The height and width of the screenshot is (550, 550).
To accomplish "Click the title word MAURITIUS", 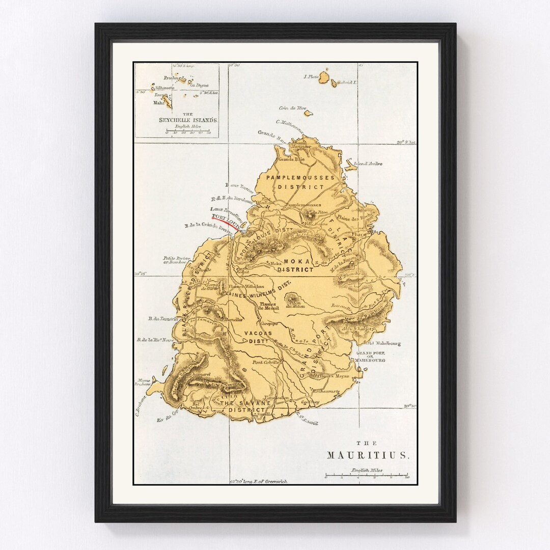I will (367, 455).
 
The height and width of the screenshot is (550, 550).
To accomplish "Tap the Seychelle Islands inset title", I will (188, 120).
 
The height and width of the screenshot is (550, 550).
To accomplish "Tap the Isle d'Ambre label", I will (371, 164).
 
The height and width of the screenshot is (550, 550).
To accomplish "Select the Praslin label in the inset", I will (169, 78).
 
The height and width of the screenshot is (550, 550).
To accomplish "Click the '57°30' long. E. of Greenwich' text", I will (259, 481).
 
